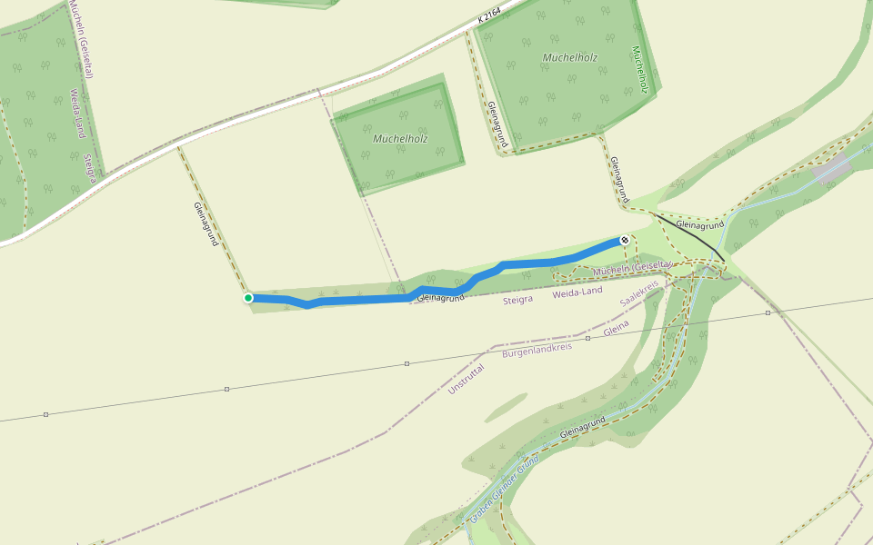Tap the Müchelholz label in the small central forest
[x=400, y=139]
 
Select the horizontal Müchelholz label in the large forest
[x=569, y=57]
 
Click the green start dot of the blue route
[x=248, y=298]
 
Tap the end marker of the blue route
[x=624, y=240]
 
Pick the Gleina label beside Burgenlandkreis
[x=617, y=328]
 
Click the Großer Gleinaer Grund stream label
[x=504, y=486]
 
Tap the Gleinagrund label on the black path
[x=699, y=224]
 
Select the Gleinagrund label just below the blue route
[x=440, y=297]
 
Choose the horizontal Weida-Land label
[x=577, y=291]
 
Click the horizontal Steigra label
[x=517, y=299]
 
